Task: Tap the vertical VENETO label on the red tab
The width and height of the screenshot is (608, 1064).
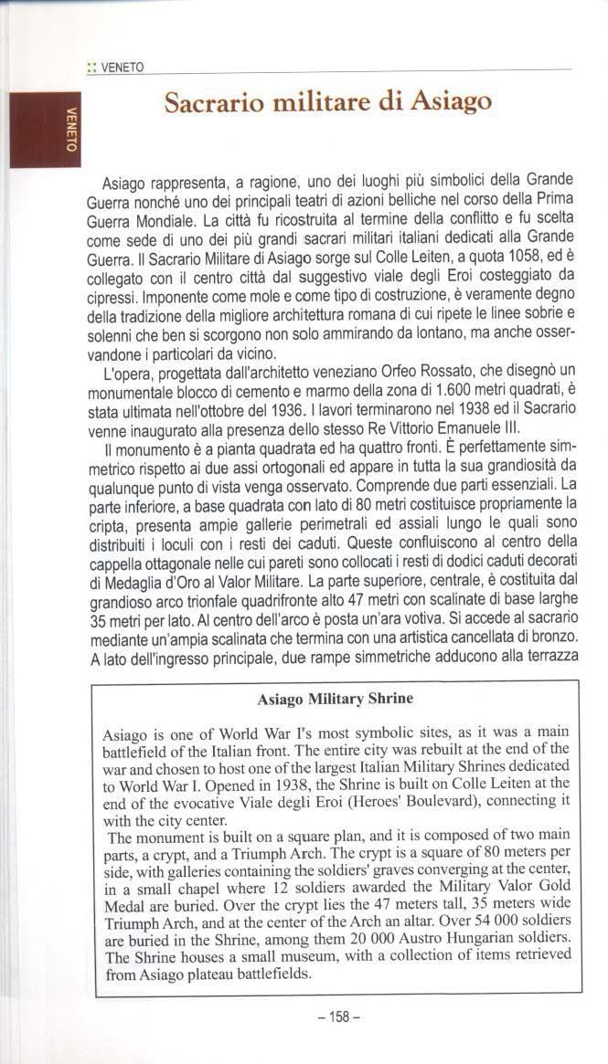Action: click(x=70, y=131)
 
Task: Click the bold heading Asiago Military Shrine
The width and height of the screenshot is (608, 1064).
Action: click(x=335, y=699)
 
